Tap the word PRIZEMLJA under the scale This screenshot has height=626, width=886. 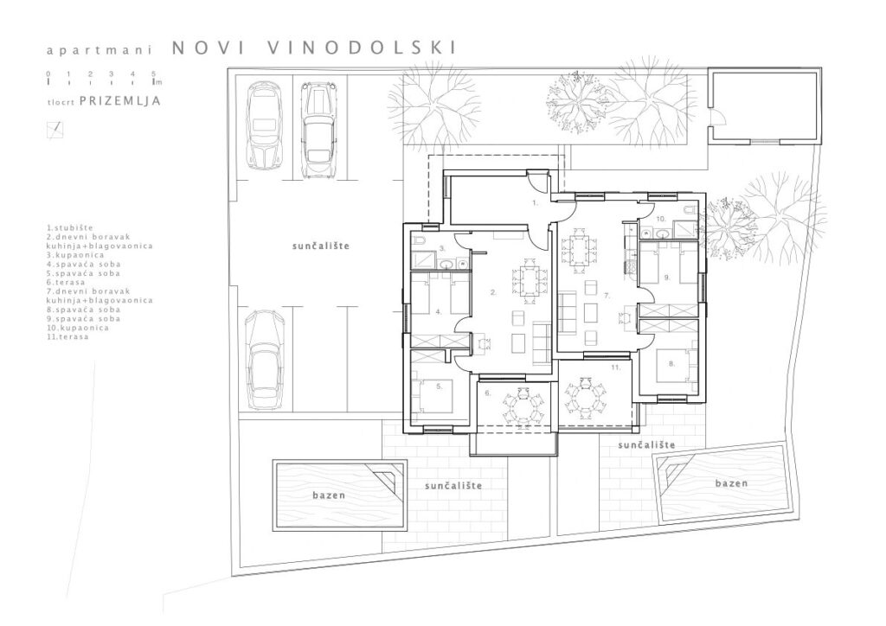click(120, 101)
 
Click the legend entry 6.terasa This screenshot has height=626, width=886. click(66, 282)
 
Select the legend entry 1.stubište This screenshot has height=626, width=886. click(70, 228)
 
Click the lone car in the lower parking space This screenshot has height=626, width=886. click(265, 361)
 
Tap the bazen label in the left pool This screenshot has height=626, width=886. click(329, 495)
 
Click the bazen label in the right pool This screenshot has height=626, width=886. click(731, 483)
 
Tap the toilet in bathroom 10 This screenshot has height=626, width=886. click(689, 211)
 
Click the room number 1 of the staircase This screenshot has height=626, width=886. click(536, 201)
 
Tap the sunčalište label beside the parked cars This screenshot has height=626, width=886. click(322, 246)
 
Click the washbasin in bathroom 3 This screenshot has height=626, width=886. click(447, 263)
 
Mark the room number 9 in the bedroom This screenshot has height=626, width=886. click(667, 278)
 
